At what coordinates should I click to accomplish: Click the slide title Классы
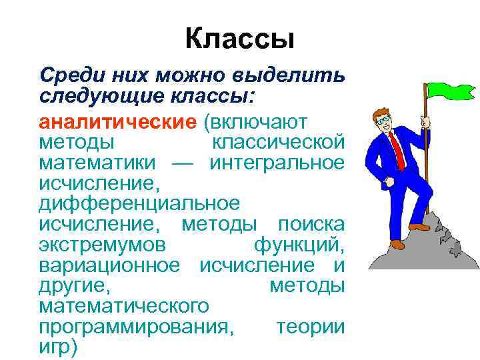239,39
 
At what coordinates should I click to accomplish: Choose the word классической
278,143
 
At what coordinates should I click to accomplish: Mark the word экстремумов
102,245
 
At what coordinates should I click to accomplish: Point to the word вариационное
109,265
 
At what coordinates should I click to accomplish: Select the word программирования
137,327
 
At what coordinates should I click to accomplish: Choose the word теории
311,327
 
